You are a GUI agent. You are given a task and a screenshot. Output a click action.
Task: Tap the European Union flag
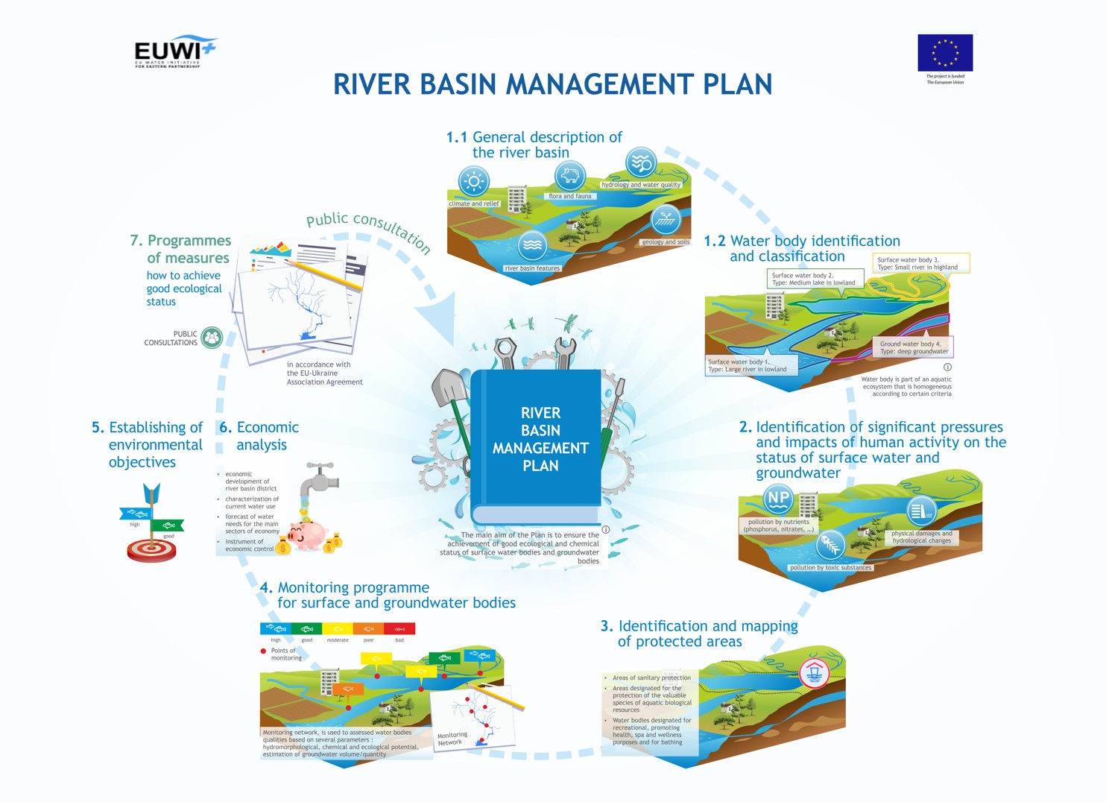coord(945,52)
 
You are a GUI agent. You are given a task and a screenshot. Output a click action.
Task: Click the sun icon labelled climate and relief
coord(473,182)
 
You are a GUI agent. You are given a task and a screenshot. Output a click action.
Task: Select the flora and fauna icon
coord(570,177)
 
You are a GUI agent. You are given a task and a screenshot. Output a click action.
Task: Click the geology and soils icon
coord(666,221)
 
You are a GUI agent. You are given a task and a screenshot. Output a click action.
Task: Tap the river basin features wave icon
coord(532,245)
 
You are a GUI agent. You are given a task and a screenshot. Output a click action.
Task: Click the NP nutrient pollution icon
coord(777,498)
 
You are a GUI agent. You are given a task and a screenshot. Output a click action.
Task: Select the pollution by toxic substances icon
coord(830,545)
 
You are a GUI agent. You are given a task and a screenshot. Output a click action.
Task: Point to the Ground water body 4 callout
coord(914,347)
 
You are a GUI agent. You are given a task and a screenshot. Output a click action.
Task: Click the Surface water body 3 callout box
coord(920,263)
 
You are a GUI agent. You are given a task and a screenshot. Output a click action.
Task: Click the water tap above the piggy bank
coord(319,479)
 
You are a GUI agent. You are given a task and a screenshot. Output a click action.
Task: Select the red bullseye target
coord(152,550)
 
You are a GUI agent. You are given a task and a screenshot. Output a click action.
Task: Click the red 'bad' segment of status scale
coord(399,628)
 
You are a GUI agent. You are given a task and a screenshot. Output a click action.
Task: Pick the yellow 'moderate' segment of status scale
coord(338,628)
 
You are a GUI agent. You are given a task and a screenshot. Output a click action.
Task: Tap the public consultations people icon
coord(212,338)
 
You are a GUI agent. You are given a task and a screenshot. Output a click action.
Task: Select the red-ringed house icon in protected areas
coord(814,673)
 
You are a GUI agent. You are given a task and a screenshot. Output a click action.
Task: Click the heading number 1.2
coord(714,241)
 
